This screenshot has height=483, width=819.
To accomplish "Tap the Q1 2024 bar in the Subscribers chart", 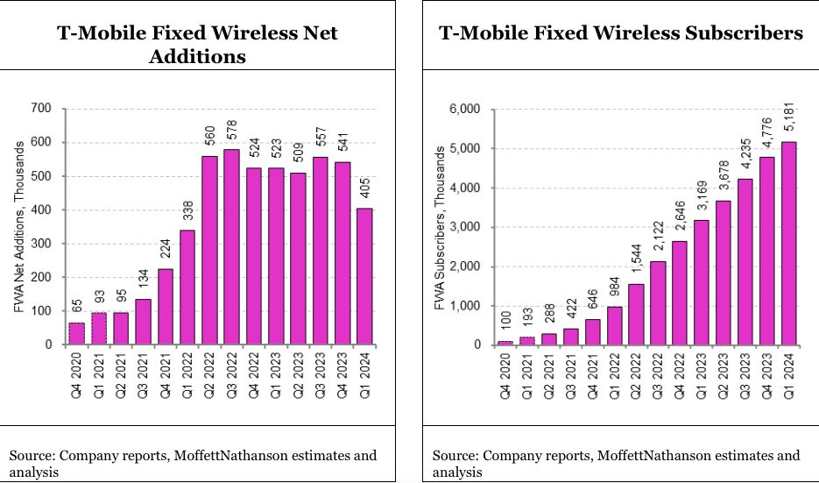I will click(x=789, y=243).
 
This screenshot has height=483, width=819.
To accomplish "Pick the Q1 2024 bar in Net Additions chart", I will click(x=364, y=276).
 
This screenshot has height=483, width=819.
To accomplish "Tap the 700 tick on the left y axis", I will click(x=43, y=109).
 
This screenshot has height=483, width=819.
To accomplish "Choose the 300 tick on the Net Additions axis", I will click(x=43, y=244).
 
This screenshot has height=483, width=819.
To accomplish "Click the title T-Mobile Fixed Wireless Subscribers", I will click(x=620, y=33).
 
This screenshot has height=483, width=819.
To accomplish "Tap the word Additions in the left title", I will click(x=197, y=57).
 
